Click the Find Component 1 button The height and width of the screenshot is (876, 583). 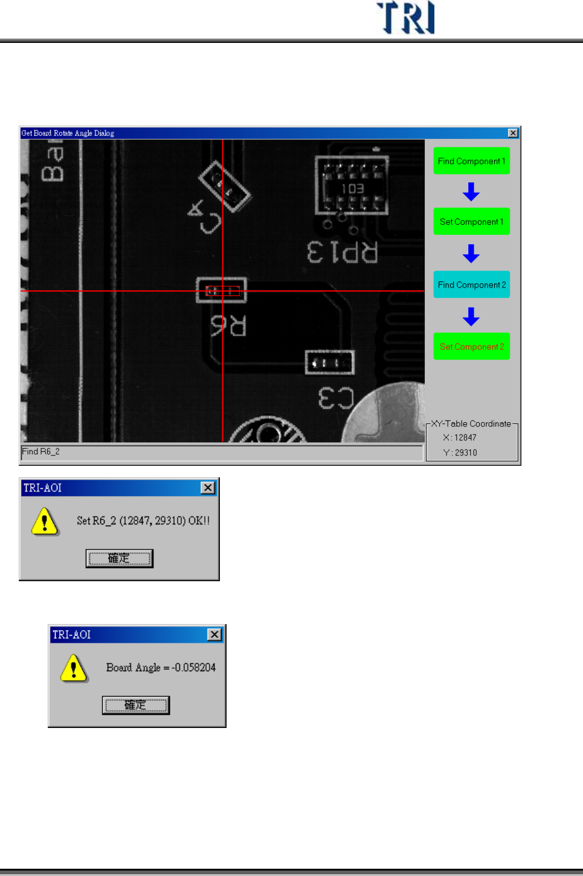click(471, 161)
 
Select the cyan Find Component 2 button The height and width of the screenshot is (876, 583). click(471, 285)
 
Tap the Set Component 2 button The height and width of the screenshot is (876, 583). click(471, 347)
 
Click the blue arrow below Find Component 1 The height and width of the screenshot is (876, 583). click(471, 192)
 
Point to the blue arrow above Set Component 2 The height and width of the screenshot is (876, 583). click(471, 316)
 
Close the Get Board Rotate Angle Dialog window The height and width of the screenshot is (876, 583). click(513, 133)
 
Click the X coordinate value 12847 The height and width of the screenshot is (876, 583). click(465, 437)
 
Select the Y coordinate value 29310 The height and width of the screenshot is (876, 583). click(466, 452)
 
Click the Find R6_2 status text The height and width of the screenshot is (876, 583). click(41, 452)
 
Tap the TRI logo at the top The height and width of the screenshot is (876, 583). click(406, 18)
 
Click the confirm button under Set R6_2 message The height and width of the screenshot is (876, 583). click(119, 558)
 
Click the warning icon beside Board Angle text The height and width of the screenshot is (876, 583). click(74, 668)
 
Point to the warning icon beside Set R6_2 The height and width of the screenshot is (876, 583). click(45, 521)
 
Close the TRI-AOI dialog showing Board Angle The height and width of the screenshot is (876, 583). click(214, 634)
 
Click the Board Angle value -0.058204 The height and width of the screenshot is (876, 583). click(194, 668)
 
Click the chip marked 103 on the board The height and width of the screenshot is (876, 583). click(352, 185)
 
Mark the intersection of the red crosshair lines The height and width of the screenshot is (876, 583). click(223, 291)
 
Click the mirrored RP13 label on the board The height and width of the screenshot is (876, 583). click(343, 252)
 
